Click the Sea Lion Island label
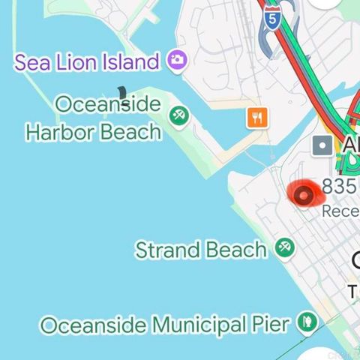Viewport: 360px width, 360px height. coord(86,61)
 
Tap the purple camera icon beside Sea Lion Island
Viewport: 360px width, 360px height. coord(177,59)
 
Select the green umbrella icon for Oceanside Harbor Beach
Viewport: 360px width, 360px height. coord(178,115)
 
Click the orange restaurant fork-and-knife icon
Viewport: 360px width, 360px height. coord(257,116)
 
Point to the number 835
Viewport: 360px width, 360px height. coord(340,186)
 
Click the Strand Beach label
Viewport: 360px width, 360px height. coord(201,250)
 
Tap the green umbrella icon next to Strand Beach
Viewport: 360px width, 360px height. coord(284,247)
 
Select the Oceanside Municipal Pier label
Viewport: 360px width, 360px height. coord(164,325)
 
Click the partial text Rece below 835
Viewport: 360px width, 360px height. coord(340,211)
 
